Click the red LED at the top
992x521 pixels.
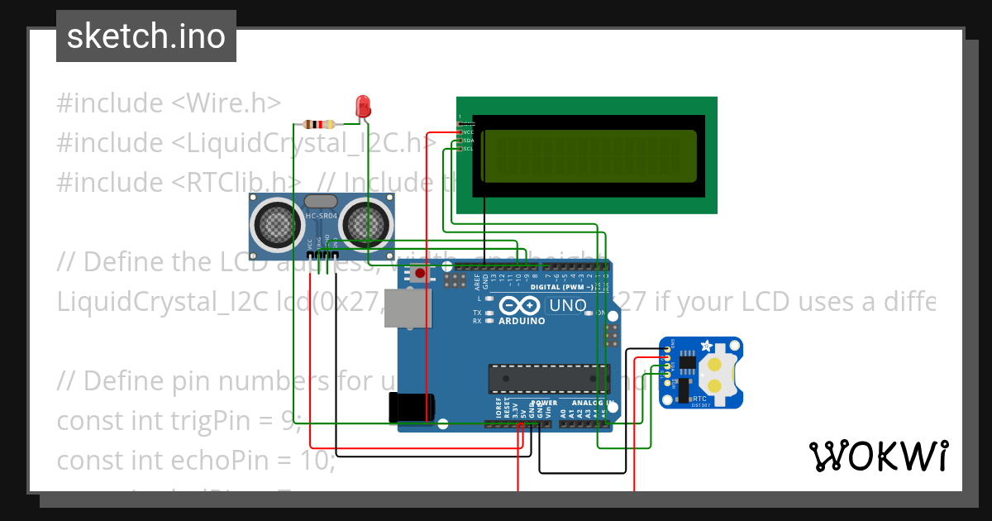pyautogui.click(x=362, y=105)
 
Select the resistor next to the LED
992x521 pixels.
pyautogui.click(x=319, y=125)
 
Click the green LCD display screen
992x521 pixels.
pyautogui.click(x=588, y=155)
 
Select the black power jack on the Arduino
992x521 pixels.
pyautogui.click(x=412, y=406)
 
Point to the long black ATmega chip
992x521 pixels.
pyautogui.click(x=541, y=377)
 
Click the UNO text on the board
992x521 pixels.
pyautogui.click(x=568, y=305)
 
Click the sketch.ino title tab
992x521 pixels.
pyautogui.click(x=146, y=36)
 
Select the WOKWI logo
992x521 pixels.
pyautogui.click(x=879, y=456)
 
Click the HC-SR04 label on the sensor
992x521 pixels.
pyautogui.click(x=322, y=216)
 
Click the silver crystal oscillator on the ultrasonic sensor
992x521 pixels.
pyautogui.click(x=320, y=201)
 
